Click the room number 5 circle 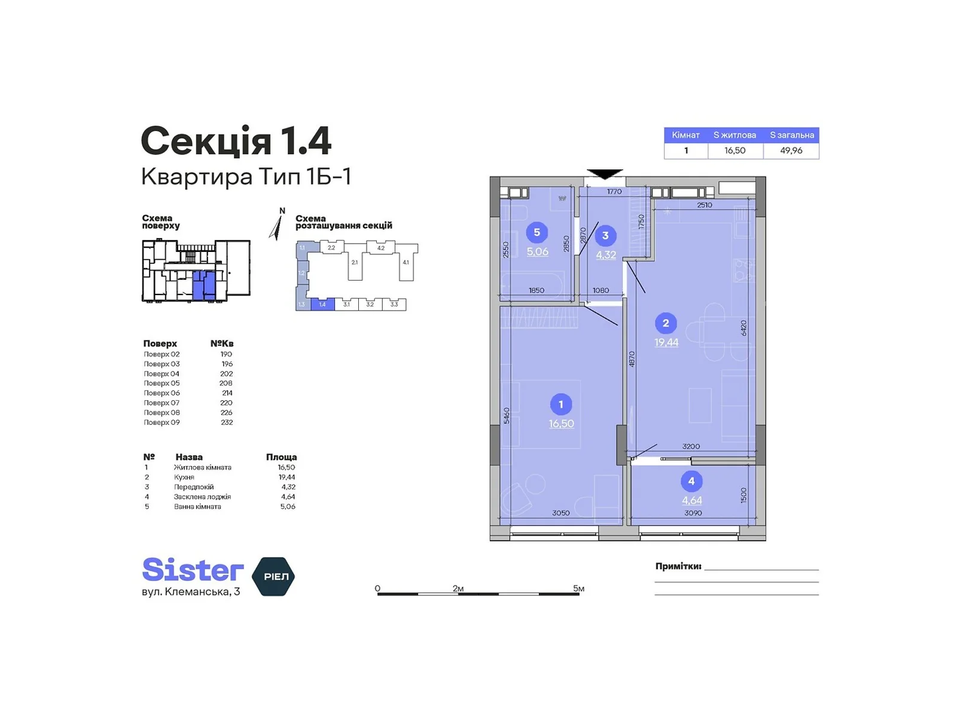[x=537, y=232]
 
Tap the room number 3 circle [x=605, y=235]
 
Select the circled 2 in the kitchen [x=665, y=323]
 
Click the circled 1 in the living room [x=560, y=404]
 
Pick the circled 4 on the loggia [x=691, y=481]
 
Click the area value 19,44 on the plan [x=666, y=342]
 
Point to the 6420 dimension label [x=743, y=328]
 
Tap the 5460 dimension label [x=506, y=415]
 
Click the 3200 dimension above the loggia [x=691, y=446]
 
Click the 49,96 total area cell [x=791, y=150]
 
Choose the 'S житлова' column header [x=734, y=135]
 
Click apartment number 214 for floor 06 [x=227, y=393]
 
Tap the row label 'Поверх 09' [x=161, y=422]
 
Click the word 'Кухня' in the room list [x=184, y=477]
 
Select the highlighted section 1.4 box [x=322, y=305]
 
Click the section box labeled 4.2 [x=380, y=248]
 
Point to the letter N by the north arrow [x=282, y=211]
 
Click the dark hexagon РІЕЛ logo [x=273, y=576]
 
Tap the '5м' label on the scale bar [x=578, y=588]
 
